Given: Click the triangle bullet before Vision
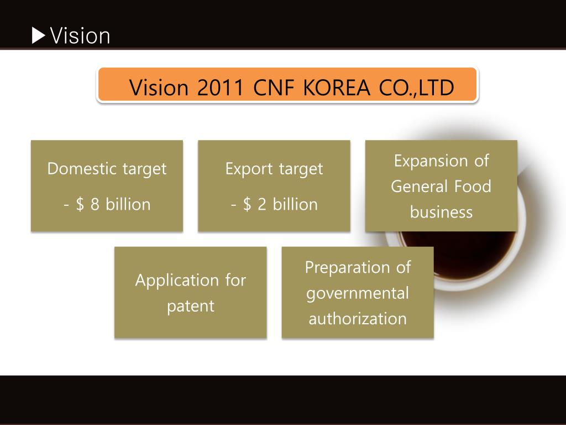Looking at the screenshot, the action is click(x=39, y=36).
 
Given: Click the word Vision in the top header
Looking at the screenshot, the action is click(x=80, y=36).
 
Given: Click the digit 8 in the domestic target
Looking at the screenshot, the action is click(x=95, y=204).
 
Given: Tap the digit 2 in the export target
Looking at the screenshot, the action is click(x=262, y=204).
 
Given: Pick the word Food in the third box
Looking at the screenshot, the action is click(x=473, y=186).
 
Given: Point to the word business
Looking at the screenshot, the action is click(x=441, y=212).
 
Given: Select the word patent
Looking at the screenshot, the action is click(x=190, y=305).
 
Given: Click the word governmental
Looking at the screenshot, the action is click(x=358, y=293).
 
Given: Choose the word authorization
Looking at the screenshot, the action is click(x=358, y=319).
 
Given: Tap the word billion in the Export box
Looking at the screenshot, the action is click(x=295, y=204).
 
